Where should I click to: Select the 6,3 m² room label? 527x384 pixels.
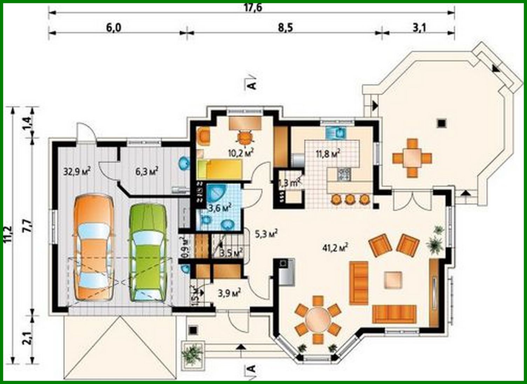[146, 171]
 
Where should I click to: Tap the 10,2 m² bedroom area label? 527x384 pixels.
[240, 153]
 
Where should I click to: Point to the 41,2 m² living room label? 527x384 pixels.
[335, 248]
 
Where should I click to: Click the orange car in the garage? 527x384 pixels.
[94, 248]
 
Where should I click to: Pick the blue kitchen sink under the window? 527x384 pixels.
[336, 133]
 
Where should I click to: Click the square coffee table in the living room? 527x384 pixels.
[394, 280]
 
